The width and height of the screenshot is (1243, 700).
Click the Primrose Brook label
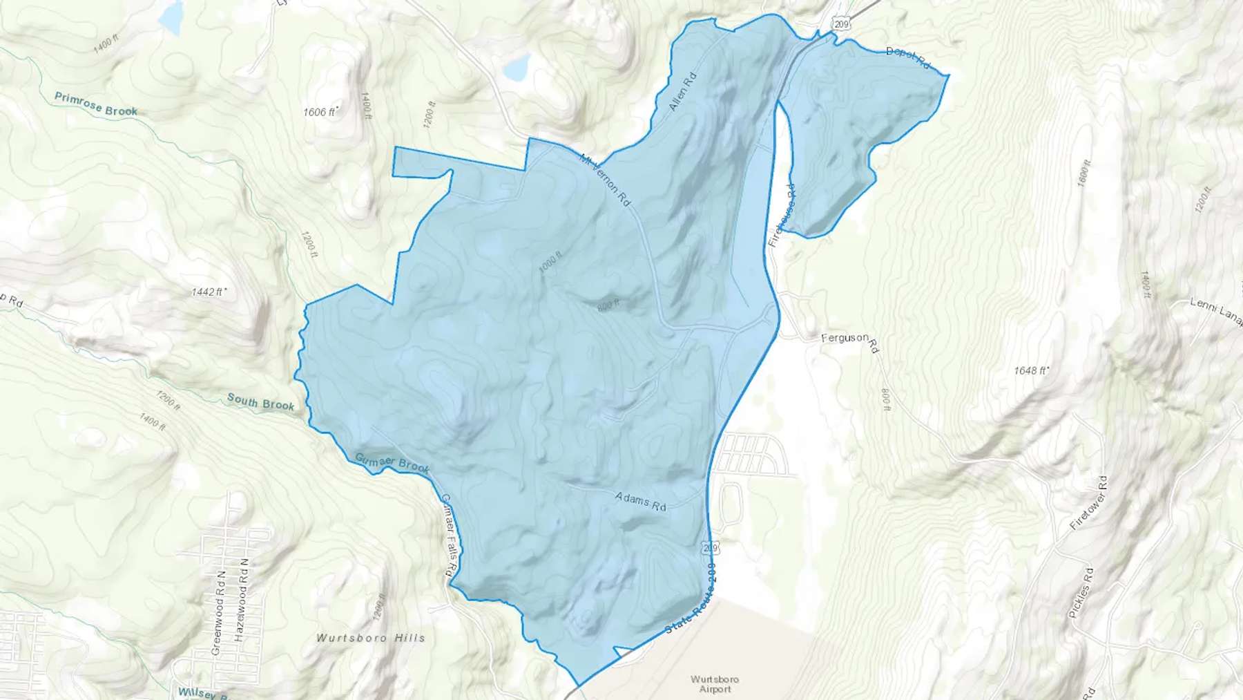coord(96,104)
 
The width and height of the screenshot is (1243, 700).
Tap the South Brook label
coord(260,402)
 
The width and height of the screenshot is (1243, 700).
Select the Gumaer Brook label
coord(392,463)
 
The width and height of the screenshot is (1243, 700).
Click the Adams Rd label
coord(640,501)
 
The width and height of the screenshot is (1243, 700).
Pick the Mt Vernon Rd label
coord(606,180)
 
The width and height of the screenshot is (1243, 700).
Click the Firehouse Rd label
coord(781,216)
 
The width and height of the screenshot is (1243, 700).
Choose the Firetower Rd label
coord(1088,502)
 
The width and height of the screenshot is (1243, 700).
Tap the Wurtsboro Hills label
coord(370,638)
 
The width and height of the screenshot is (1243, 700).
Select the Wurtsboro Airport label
coord(715,684)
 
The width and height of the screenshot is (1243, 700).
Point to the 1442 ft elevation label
coord(210,292)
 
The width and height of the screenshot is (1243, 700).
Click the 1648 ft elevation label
coord(1032,370)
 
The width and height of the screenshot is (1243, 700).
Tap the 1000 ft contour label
coord(550,263)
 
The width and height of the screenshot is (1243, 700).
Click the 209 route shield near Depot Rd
coord(840,24)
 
